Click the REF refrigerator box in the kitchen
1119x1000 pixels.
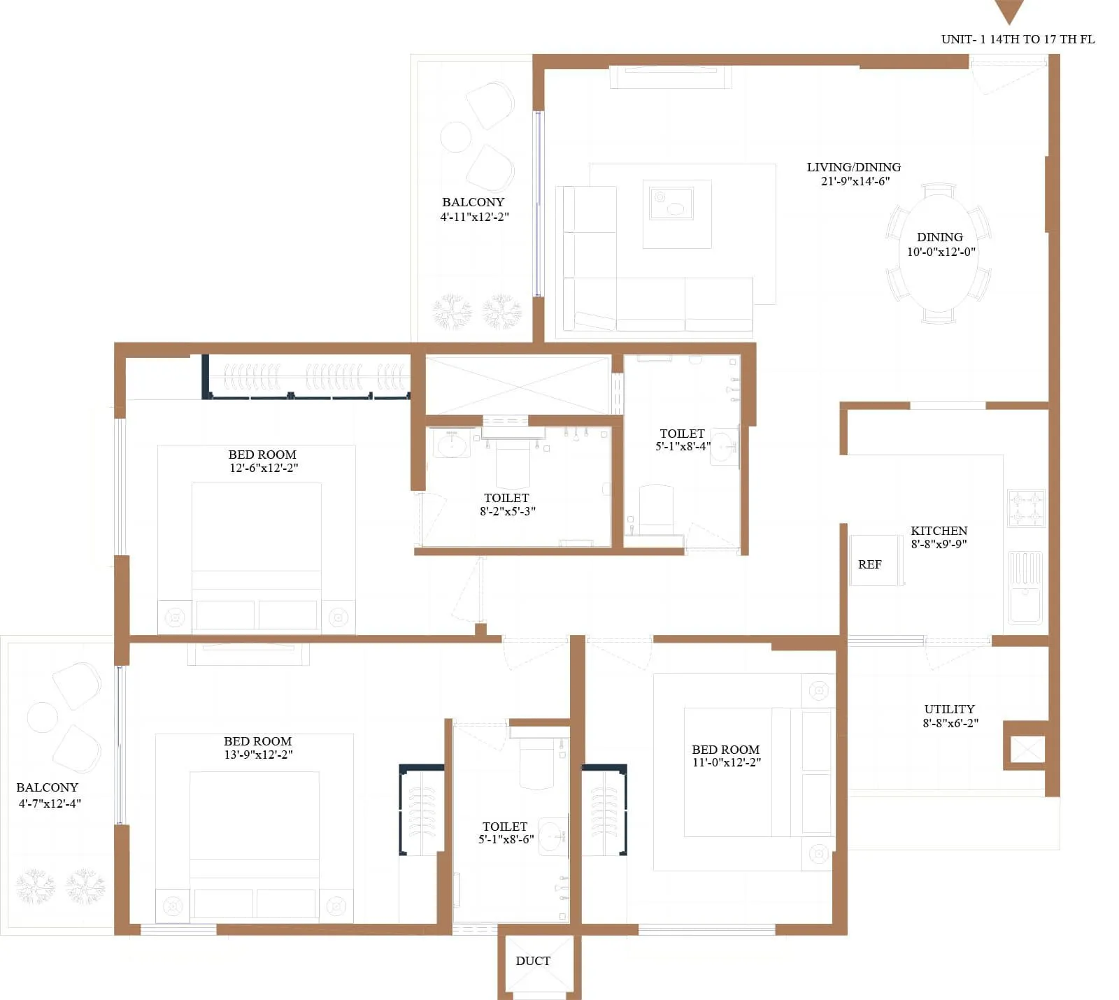[x=875, y=560]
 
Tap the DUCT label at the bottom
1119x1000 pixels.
[x=532, y=961]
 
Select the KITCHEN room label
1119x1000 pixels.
[x=939, y=531]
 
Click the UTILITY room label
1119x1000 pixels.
[x=948, y=709]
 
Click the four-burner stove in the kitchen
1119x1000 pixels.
[x=1025, y=508]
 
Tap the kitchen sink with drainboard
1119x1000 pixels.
[x=1025, y=587]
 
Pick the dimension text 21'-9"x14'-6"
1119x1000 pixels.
[x=855, y=181]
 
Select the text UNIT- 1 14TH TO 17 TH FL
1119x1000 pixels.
[x=1018, y=39]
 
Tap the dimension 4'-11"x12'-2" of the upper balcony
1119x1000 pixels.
[x=474, y=217]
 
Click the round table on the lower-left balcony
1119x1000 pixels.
[x=42, y=717]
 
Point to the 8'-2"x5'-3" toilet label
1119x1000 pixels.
[x=507, y=511]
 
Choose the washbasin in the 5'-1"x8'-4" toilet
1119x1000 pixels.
[x=724, y=446]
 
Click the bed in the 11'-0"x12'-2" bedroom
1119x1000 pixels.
[x=759, y=772]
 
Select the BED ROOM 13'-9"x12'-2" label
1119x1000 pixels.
[x=257, y=748]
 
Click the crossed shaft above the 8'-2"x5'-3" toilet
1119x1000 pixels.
[x=518, y=385]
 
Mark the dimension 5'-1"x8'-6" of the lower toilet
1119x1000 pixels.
[x=506, y=839]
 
